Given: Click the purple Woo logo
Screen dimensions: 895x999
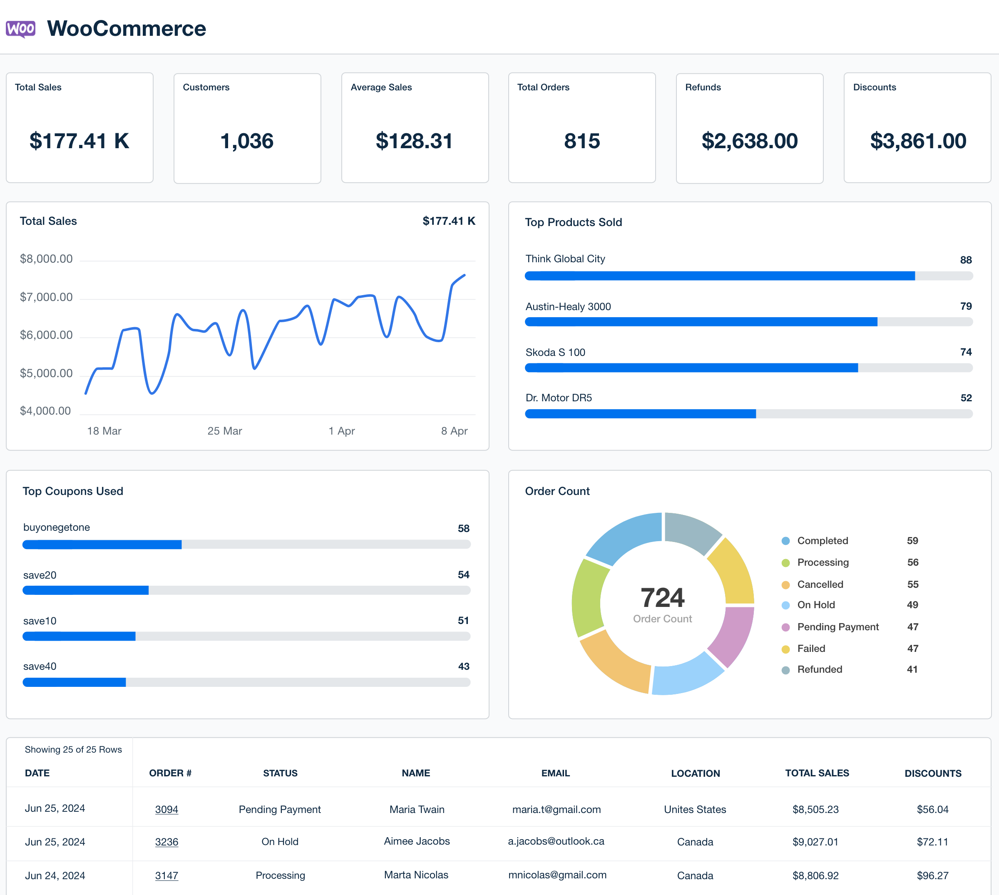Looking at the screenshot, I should pyautogui.click(x=21, y=29).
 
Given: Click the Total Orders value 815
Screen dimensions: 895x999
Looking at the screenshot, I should pyautogui.click(x=582, y=141).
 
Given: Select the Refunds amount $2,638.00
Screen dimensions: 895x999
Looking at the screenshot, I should pyautogui.click(x=749, y=141).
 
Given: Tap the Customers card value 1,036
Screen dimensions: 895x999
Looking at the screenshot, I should pyautogui.click(x=247, y=141).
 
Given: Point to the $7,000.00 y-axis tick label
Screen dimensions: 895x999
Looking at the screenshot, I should pyautogui.click(x=46, y=297).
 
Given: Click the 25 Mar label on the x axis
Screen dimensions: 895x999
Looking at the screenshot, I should pyautogui.click(x=225, y=431).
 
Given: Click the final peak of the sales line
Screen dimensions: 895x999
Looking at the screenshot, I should pyautogui.click(x=464, y=276).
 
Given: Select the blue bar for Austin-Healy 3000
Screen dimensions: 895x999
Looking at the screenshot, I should pyautogui.click(x=701, y=322).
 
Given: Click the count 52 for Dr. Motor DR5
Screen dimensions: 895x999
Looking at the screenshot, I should pyautogui.click(x=966, y=398).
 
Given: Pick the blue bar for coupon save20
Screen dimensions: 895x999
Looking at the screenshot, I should pyautogui.click(x=86, y=590).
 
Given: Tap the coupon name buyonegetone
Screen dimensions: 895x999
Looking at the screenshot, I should pyautogui.click(x=57, y=527).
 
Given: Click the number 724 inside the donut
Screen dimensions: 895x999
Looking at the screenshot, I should pyautogui.click(x=662, y=597).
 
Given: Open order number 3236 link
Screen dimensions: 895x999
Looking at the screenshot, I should pyautogui.click(x=166, y=842).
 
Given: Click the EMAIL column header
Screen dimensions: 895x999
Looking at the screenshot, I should pyautogui.click(x=556, y=773).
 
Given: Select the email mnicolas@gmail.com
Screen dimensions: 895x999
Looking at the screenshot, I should pyautogui.click(x=557, y=875).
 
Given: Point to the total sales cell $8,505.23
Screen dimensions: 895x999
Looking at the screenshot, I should pyautogui.click(x=815, y=809).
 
